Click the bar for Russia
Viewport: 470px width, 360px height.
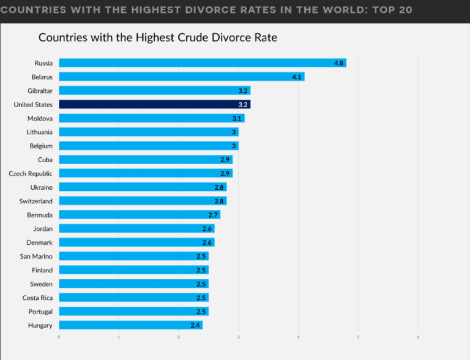click(x=202, y=63)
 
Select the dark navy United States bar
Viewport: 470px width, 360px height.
click(x=154, y=105)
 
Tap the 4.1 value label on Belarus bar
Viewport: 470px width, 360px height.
click(x=297, y=77)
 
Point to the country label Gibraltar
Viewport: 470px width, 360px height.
click(x=40, y=91)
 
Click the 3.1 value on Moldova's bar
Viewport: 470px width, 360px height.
click(x=237, y=118)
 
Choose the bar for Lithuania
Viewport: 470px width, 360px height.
click(x=148, y=132)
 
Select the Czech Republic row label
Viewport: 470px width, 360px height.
click(x=31, y=174)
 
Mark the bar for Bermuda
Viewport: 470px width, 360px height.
click(x=139, y=215)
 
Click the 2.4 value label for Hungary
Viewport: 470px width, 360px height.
click(x=195, y=325)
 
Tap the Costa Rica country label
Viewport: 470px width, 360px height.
click(x=37, y=298)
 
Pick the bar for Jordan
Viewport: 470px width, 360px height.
click(x=136, y=229)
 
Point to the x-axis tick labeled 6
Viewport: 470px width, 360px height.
click(x=418, y=337)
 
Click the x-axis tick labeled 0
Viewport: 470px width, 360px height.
click(x=59, y=337)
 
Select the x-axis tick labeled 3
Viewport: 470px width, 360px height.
click(x=239, y=337)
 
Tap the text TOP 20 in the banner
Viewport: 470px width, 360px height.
click(x=387, y=10)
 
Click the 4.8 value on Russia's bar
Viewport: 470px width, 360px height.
click(x=339, y=63)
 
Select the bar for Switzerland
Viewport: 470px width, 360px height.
click(x=142, y=201)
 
